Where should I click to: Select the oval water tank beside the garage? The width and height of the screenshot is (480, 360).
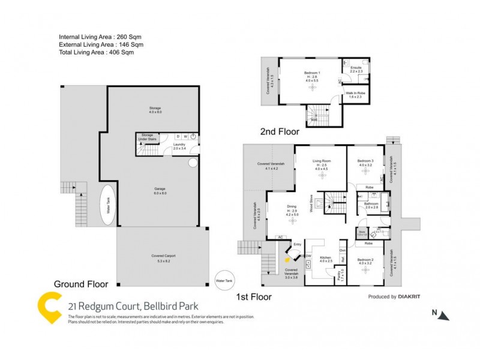(109, 211)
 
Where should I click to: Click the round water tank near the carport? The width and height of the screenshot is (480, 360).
(224, 280)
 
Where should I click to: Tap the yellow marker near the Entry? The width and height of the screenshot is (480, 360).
(289, 259)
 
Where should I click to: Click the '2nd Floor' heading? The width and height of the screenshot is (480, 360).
(279, 131)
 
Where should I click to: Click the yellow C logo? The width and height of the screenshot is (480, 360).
(50, 307)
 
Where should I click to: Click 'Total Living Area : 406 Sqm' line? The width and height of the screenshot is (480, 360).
(96, 53)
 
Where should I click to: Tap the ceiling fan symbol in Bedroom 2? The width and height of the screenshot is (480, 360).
(365, 271)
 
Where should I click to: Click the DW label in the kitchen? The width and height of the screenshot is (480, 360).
(308, 256)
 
